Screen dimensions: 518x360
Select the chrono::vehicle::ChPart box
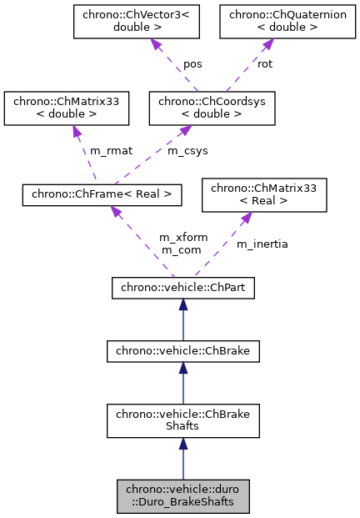pyautogui.click(x=182, y=289)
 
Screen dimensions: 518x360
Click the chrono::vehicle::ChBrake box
pyautogui.click(x=182, y=352)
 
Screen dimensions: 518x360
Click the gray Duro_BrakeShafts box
pyautogui.click(x=182, y=497)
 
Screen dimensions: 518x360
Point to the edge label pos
pyautogui.click(x=193, y=63)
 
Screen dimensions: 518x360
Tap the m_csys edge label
pyautogui.click(x=187, y=151)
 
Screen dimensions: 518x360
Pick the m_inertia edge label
pyautogui.click(x=262, y=244)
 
